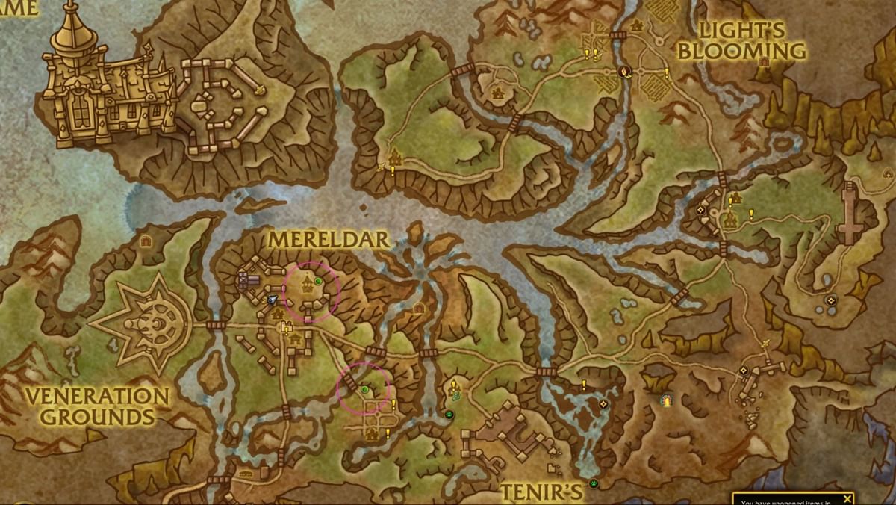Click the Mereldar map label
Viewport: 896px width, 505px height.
[x=329, y=240]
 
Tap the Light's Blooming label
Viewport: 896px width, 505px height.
[x=753, y=41]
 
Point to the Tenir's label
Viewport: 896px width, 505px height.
[x=541, y=491]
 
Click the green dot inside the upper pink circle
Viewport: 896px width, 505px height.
[x=318, y=281]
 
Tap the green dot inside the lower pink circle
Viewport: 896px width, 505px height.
[x=364, y=389]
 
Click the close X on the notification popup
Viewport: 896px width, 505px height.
[x=847, y=498]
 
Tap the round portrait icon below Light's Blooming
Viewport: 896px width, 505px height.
[x=626, y=71]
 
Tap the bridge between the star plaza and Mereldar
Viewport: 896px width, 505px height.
[x=216, y=325]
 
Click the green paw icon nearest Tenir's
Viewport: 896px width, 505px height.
[x=594, y=483]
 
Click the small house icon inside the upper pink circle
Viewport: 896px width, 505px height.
[x=306, y=282]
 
